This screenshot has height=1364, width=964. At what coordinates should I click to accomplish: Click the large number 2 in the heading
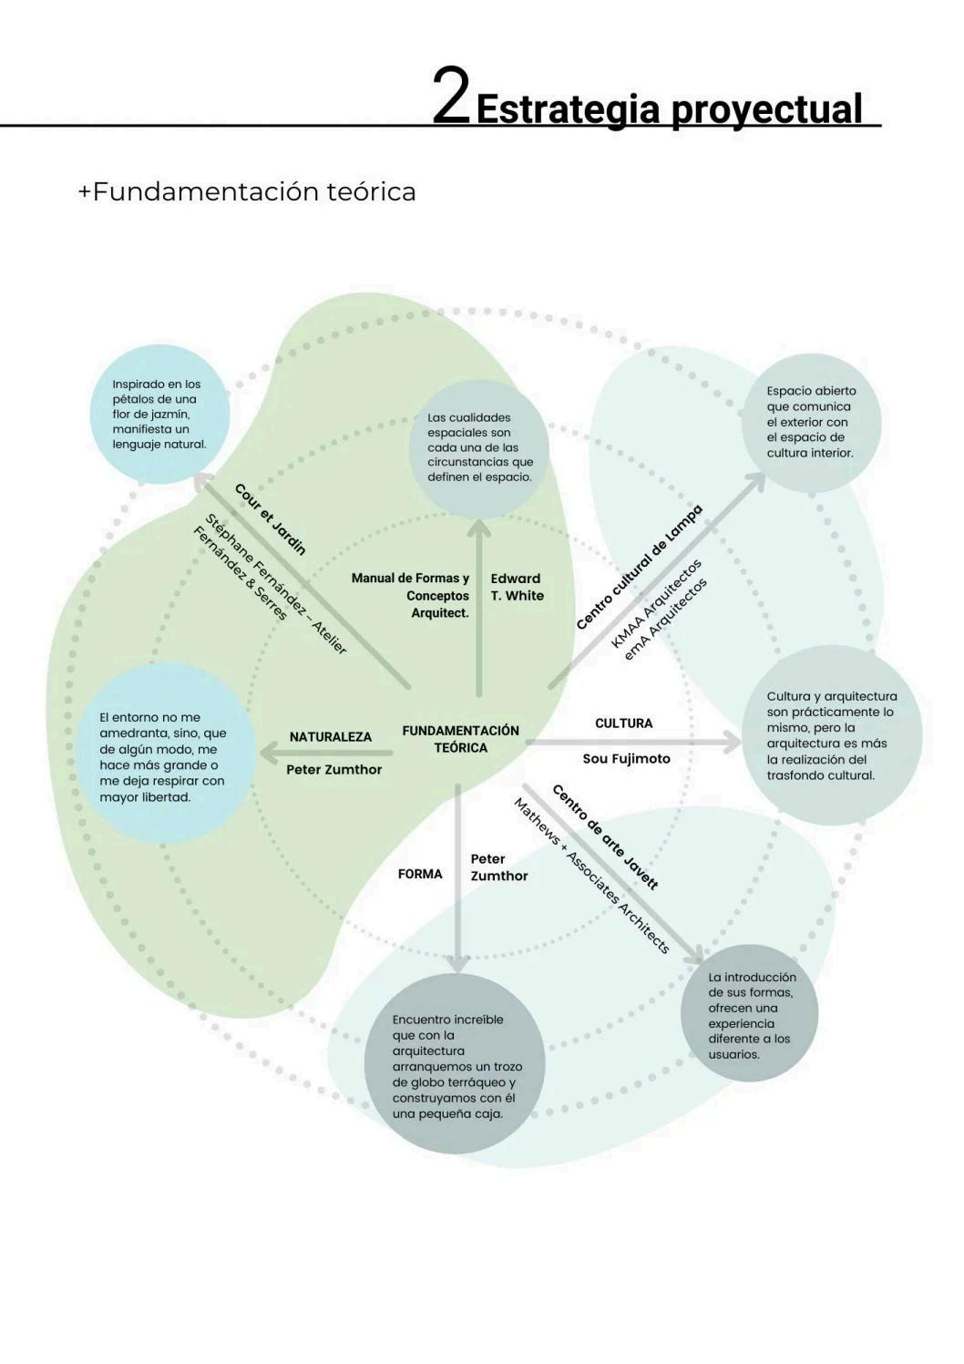(x=450, y=96)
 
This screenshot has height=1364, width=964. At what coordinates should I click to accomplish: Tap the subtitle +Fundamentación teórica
(x=247, y=192)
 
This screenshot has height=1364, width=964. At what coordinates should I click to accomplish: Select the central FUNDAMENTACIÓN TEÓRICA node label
(x=460, y=739)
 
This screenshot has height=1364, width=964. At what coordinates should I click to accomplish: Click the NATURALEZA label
(x=330, y=736)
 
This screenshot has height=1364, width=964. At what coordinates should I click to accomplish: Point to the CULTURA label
(x=623, y=723)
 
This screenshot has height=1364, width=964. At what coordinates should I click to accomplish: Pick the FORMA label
(x=420, y=874)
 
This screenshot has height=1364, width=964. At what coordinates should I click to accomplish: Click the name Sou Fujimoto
(x=626, y=758)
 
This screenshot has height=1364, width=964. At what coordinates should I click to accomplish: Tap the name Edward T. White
(x=517, y=587)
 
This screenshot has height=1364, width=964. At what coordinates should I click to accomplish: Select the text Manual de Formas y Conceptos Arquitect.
(x=412, y=595)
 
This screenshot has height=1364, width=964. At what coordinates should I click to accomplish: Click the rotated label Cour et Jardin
(x=271, y=519)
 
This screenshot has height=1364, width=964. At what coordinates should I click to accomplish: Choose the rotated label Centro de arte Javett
(x=604, y=836)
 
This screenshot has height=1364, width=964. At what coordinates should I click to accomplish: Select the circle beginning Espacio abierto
(x=814, y=422)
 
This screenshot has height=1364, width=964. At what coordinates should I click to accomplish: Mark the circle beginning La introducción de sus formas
(x=749, y=1013)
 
